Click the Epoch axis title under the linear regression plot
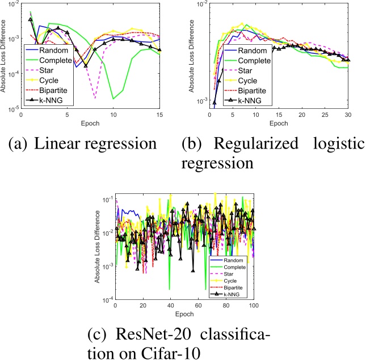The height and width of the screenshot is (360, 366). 90,122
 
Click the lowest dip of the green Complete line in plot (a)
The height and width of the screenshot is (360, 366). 113,99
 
